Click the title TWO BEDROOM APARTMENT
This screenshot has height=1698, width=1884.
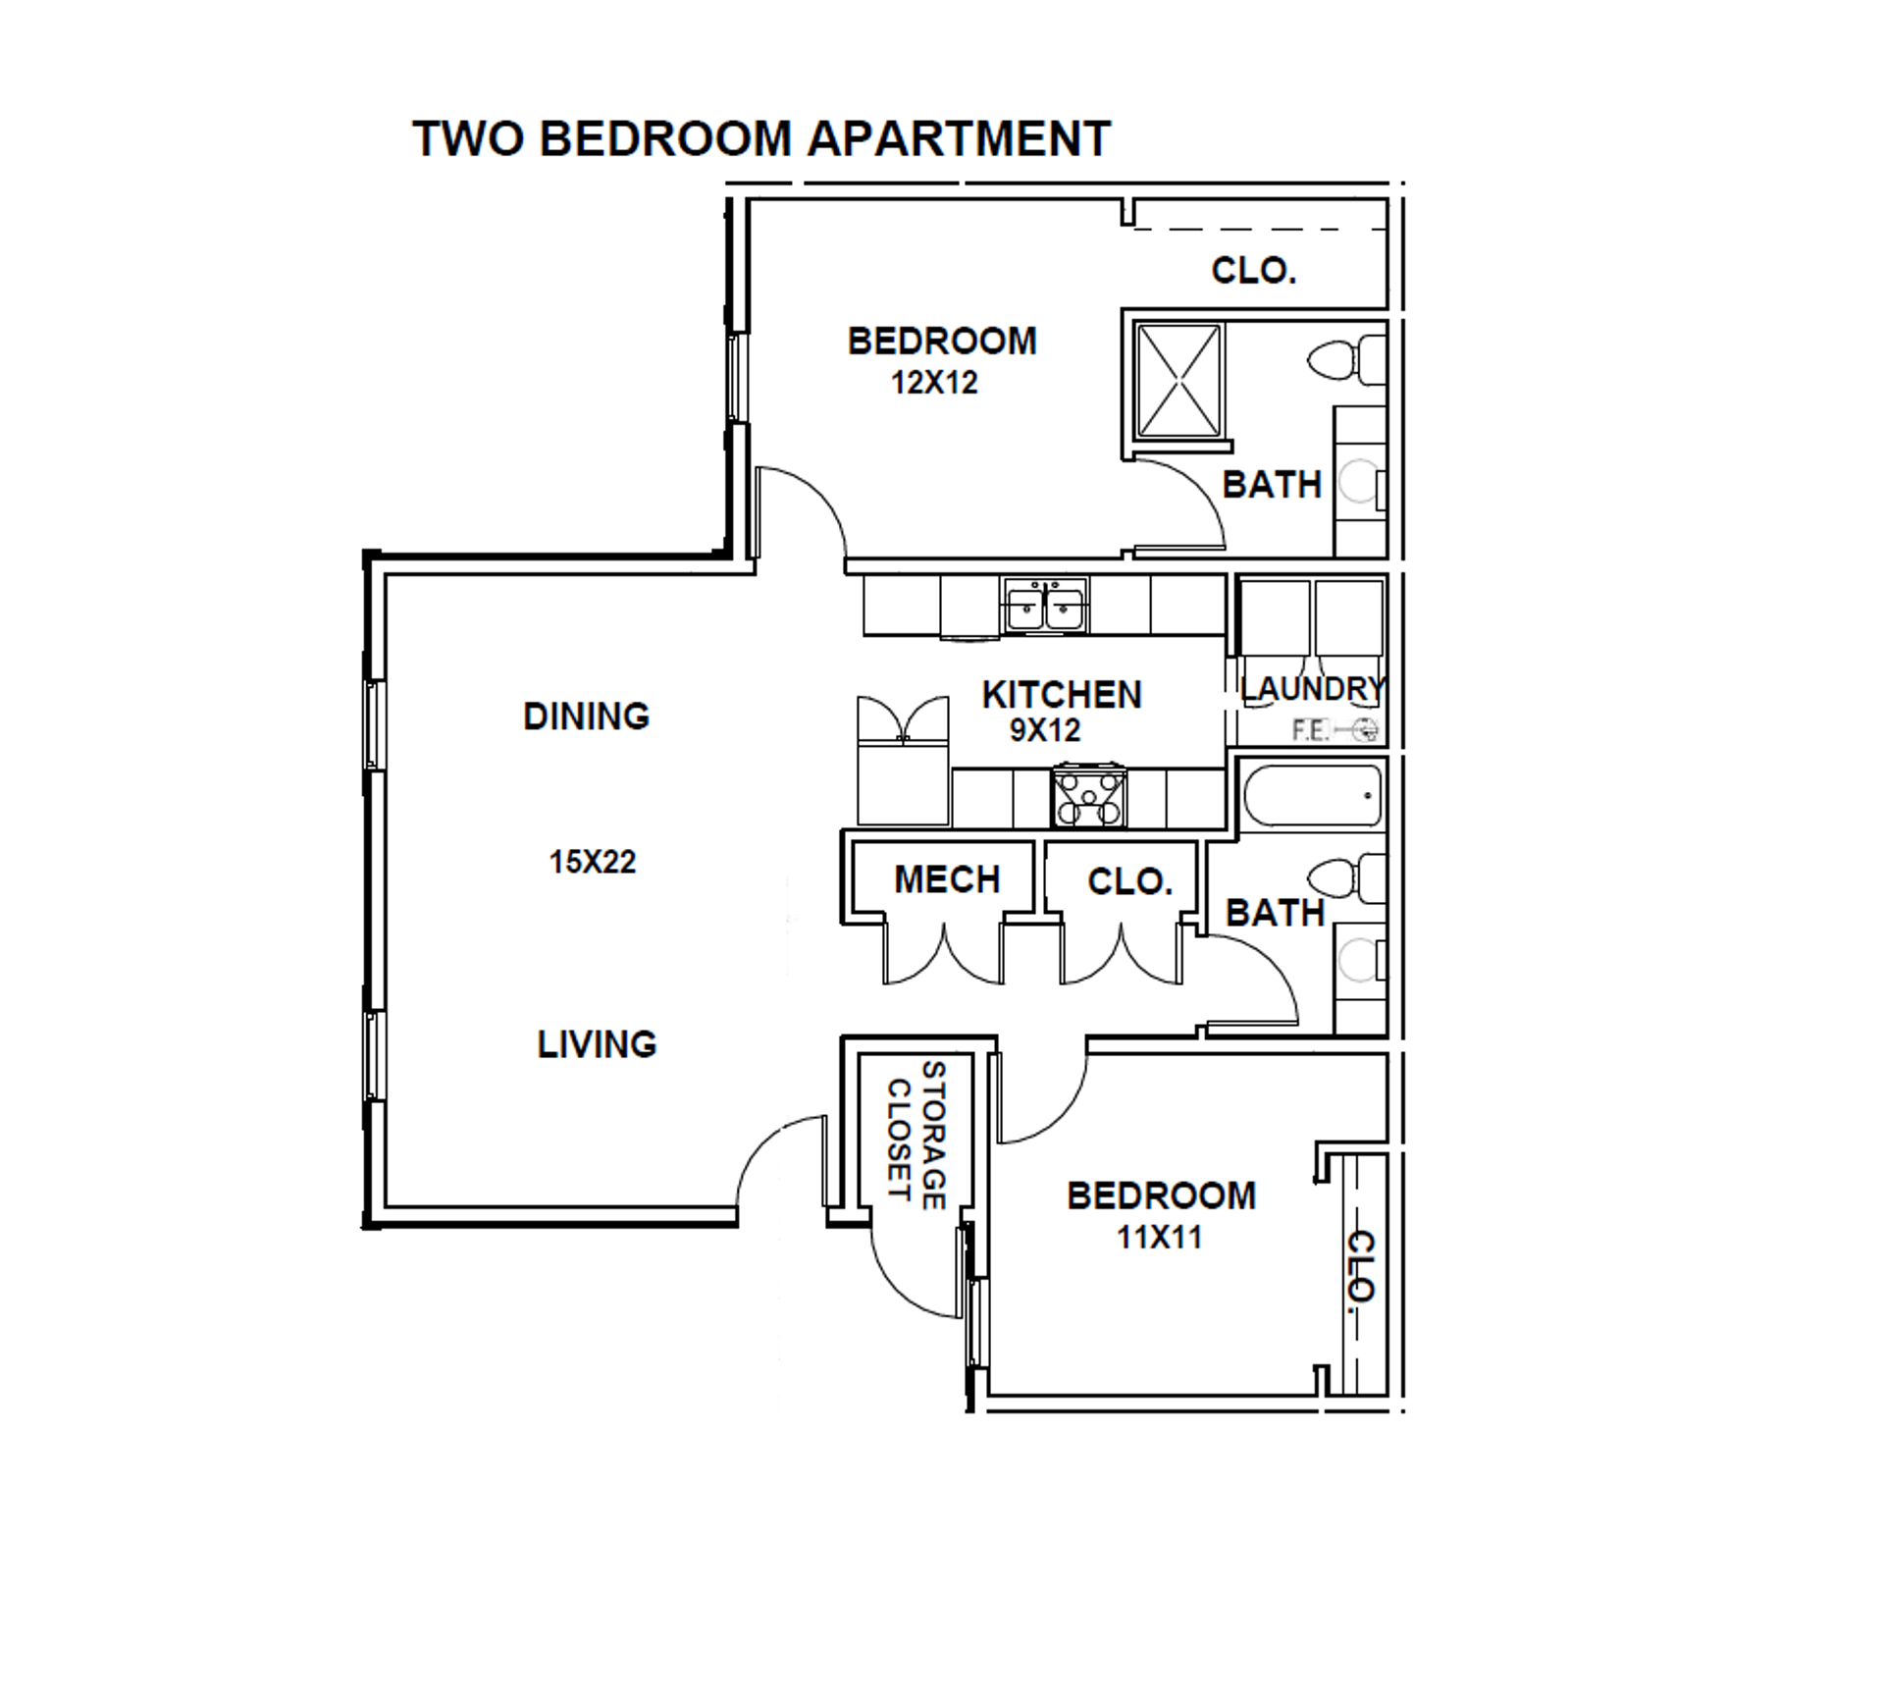pyautogui.click(x=761, y=138)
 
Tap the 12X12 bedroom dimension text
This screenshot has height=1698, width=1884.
pyautogui.click(x=934, y=383)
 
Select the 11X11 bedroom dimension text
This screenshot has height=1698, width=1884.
pyautogui.click(x=1160, y=1238)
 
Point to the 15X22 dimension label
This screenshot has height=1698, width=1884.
pyautogui.click(x=593, y=862)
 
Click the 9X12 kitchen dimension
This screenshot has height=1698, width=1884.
pyautogui.click(x=1045, y=730)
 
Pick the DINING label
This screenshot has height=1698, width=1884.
pyautogui.click(x=587, y=716)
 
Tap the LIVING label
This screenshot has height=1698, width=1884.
pyautogui.click(x=597, y=1044)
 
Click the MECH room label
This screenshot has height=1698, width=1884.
pyautogui.click(x=947, y=879)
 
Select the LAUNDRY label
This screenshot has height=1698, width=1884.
pyautogui.click(x=1312, y=689)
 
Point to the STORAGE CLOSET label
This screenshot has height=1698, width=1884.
pyautogui.click(x=916, y=1135)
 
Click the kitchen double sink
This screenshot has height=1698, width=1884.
pyautogui.click(x=1045, y=606)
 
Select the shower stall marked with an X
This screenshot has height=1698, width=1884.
pyautogui.click(x=1179, y=380)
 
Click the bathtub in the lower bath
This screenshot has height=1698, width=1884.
pyautogui.click(x=1312, y=795)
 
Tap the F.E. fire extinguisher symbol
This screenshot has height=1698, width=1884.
pyautogui.click(x=1335, y=730)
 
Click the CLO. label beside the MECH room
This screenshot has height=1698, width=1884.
pyautogui.click(x=1130, y=881)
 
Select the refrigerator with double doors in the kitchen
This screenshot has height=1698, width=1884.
pyautogui.click(x=904, y=762)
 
